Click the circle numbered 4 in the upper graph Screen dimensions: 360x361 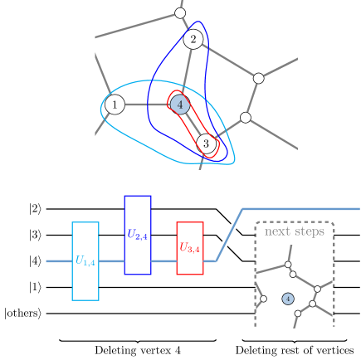(180, 105)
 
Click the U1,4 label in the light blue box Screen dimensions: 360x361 (85, 261)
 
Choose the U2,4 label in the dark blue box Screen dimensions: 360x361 (138, 236)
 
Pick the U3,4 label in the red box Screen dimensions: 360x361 (190, 247)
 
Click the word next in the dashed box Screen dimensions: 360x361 (278, 231)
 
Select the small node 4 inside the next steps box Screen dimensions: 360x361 (288, 298)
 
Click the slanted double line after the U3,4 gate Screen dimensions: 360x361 (229, 235)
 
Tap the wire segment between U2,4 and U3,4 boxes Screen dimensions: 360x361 (163, 261)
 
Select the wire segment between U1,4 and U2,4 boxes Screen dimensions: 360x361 (111, 261)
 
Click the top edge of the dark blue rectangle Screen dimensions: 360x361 (138, 197)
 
